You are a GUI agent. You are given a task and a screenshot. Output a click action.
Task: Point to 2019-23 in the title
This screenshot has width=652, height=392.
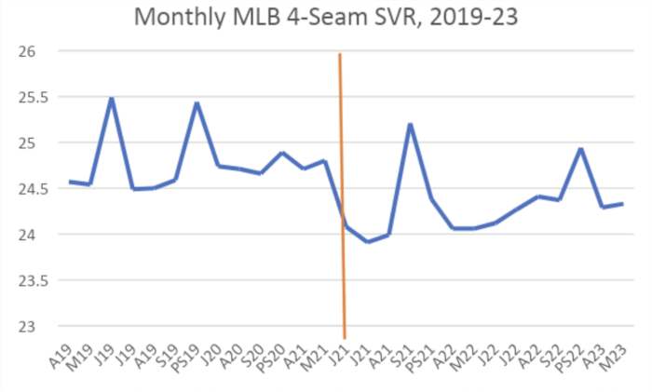(x=469, y=17)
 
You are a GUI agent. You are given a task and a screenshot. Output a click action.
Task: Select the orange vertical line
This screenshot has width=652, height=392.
(x=342, y=186)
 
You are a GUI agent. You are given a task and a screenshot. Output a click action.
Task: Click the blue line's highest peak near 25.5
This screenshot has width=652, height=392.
(x=112, y=98)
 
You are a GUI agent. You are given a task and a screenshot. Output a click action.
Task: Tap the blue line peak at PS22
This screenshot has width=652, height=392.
(x=580, y=149)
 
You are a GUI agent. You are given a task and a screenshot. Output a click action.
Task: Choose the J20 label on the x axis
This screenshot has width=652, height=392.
(x=212, y=355)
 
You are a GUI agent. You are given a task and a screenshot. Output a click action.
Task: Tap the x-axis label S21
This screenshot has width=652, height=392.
(x=404, y=355)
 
